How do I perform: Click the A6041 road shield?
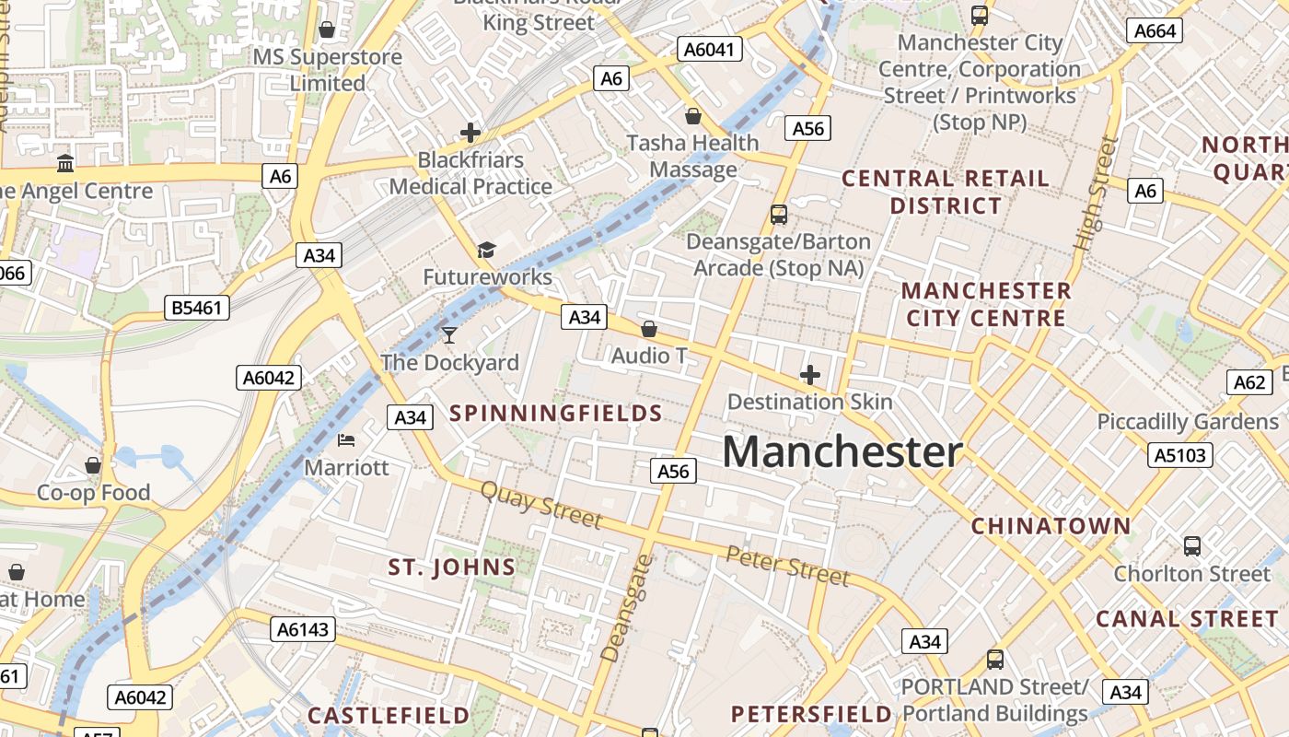[710, 49]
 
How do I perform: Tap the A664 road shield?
[1155, 30]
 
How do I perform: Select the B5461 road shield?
[197, 308]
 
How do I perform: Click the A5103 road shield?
[1180, 454]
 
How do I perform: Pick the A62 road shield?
[1249, 382]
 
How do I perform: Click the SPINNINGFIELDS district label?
[556, 414]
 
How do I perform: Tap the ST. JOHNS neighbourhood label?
[451, 567]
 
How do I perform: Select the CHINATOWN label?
[1051, 526]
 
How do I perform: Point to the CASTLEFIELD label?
[389, 716]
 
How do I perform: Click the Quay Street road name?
[541, 505]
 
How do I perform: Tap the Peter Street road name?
[787, 566]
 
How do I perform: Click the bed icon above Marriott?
[346, 440]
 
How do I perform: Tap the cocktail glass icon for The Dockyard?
[449, 335]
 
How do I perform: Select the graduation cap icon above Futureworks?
[486, 250]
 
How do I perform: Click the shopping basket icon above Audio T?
[649, 329]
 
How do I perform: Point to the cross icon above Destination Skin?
[810, 375]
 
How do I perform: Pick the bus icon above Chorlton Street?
[1192, 546]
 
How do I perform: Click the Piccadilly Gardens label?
[1188, 422]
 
